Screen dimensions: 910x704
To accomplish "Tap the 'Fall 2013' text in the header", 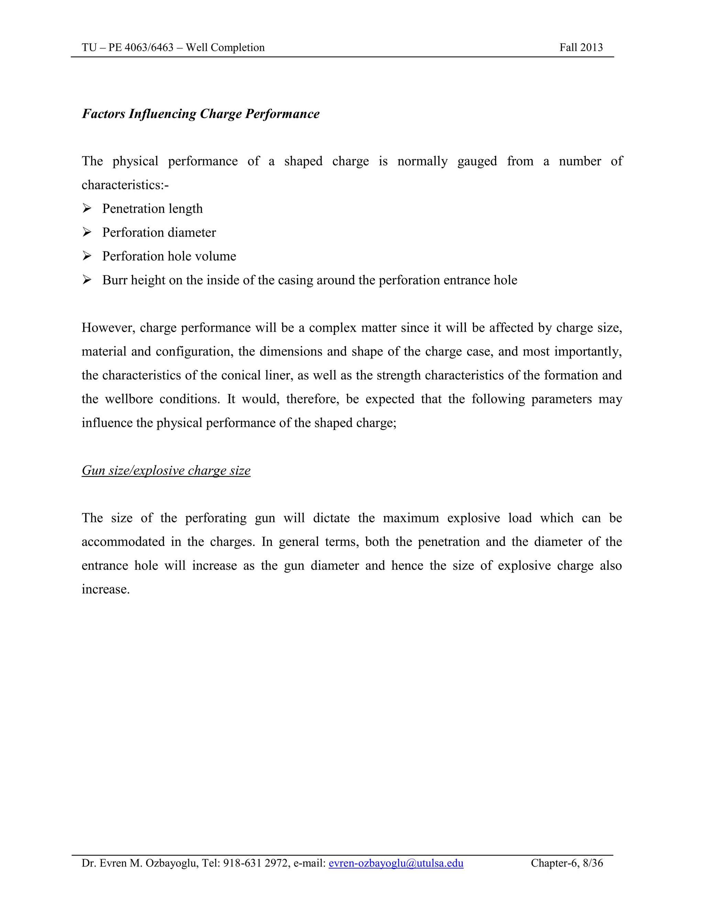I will tap(581, 47).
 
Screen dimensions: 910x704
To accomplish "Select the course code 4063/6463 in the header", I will tap(149, 47).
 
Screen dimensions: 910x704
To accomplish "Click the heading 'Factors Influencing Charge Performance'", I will tap(201, 114).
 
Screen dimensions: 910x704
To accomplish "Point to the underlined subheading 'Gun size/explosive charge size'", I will tap(166, 470).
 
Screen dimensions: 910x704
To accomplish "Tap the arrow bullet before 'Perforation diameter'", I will tap(87, 232).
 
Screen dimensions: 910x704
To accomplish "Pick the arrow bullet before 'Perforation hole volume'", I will tap(87, 256).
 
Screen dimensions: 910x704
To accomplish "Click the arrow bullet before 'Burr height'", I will tap(87, 280).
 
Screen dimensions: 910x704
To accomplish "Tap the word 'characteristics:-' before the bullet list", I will tap(125, 185).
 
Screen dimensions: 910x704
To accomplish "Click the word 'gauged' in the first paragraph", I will tap(477, 162).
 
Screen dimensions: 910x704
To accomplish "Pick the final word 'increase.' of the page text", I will tap(106, 590).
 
